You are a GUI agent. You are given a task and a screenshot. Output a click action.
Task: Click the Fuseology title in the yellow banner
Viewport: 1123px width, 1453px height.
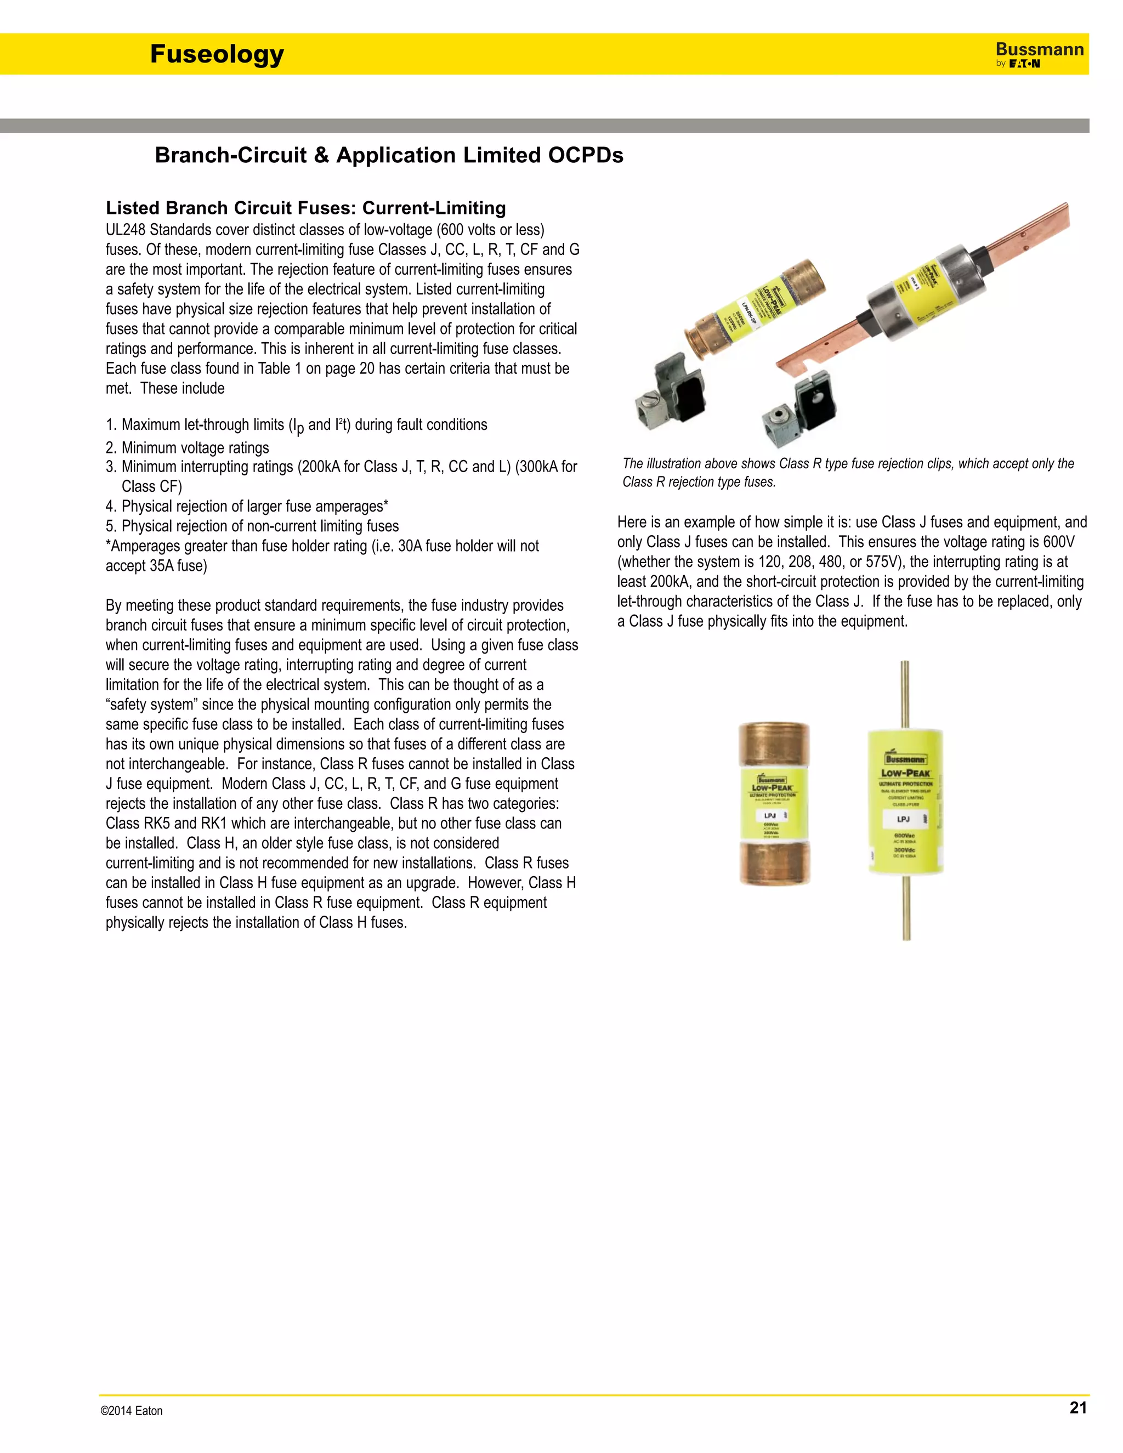point(217,54)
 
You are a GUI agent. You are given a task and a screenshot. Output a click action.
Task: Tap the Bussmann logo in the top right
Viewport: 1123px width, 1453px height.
point(1039,54)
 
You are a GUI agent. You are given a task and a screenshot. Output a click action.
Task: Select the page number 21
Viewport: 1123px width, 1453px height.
point(1077,1407)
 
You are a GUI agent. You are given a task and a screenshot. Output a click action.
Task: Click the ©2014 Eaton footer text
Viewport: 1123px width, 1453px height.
point(132,1410)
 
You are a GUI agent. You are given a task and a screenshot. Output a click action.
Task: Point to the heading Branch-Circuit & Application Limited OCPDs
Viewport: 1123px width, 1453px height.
point(389,155)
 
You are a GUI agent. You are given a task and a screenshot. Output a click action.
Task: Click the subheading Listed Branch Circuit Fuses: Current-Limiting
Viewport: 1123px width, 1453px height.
point(305,208)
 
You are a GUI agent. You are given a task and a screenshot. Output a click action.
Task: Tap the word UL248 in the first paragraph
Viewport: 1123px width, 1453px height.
point(126,230)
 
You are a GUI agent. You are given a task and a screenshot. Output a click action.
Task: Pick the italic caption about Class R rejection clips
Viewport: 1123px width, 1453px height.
point(848,472)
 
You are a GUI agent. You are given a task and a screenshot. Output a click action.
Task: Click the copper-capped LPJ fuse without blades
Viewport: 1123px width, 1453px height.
point(774,804)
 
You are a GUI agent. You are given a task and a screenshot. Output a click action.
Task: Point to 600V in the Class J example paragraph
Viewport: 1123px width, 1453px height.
point(1060,542)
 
